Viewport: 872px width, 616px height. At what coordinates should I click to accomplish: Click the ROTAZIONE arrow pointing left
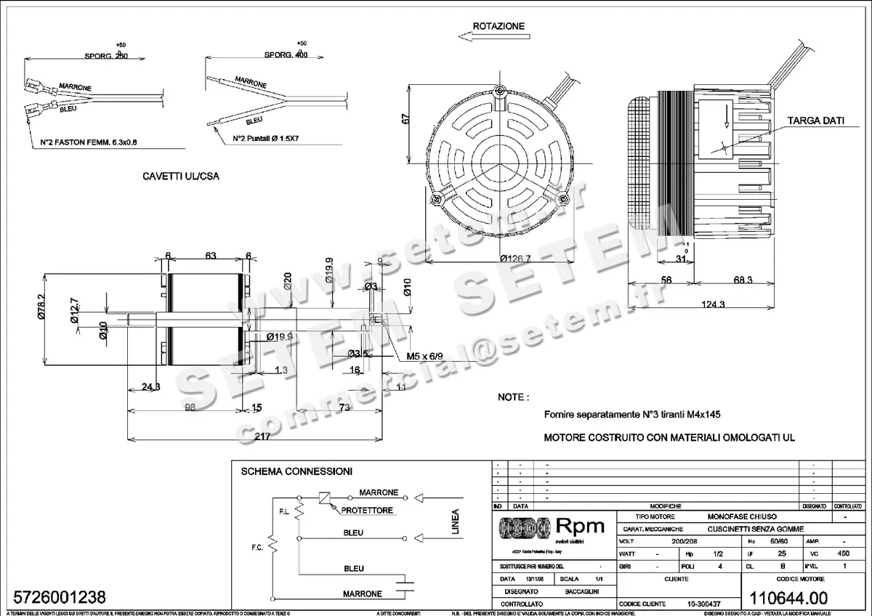point(472,41)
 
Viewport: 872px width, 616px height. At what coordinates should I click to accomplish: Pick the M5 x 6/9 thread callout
point(424,358)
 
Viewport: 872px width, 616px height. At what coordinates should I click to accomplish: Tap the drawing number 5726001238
point(55,597)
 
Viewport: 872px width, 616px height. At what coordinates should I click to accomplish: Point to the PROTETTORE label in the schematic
point(368,511)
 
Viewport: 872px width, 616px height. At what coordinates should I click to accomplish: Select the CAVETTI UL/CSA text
point(181,177)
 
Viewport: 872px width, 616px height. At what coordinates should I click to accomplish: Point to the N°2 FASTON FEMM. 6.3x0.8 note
point(89,142)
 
